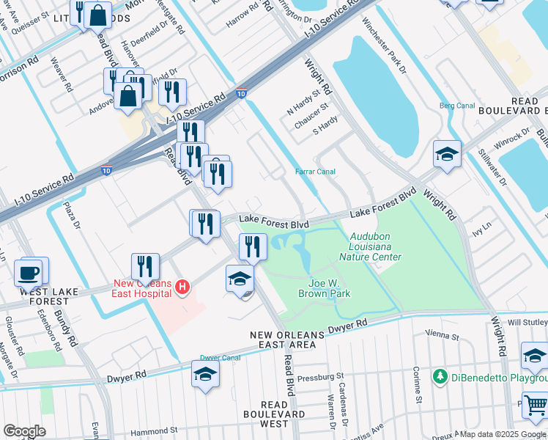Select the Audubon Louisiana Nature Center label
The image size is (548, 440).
[375, 247]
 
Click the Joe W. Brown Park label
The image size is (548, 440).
[324, 288]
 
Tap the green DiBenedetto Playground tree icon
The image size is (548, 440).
[440, 376]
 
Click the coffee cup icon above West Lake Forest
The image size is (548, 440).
[29, 273]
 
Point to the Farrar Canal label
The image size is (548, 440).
[315, 172]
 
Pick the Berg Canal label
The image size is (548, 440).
[457, 106]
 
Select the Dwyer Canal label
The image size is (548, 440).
[220, 359]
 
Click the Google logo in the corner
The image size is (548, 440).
[26, 430]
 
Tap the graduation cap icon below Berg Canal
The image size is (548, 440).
[447, 154]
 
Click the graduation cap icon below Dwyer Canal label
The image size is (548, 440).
[205, 375]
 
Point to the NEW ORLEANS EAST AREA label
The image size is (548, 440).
[286, 339]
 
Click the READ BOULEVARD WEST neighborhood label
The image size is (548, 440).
[274, 414]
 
